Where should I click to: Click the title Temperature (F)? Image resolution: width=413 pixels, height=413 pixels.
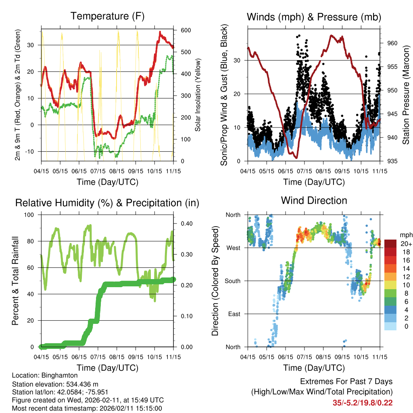tap(107, 16)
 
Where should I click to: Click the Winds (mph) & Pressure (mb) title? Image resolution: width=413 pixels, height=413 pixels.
tap(314, 17)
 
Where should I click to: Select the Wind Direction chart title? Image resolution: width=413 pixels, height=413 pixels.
tap(314, 200)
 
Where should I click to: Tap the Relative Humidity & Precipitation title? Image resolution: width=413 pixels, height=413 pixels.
tap(107, 203)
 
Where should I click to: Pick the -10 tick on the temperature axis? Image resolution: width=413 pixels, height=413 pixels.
tap(32, 152)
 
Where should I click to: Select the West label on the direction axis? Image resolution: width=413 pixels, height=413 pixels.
tap(233, 248)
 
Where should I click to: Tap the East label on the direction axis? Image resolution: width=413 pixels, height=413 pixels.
tap(234, 314)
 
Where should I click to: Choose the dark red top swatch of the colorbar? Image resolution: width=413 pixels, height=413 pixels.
tap(390, 244)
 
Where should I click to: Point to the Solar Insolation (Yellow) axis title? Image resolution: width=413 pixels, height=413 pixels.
tap(198, 95)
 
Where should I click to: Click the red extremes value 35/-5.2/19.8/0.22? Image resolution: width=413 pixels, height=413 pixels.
tap(363, 403)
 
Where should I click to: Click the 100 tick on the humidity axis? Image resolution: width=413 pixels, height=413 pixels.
tap(30, 215)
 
